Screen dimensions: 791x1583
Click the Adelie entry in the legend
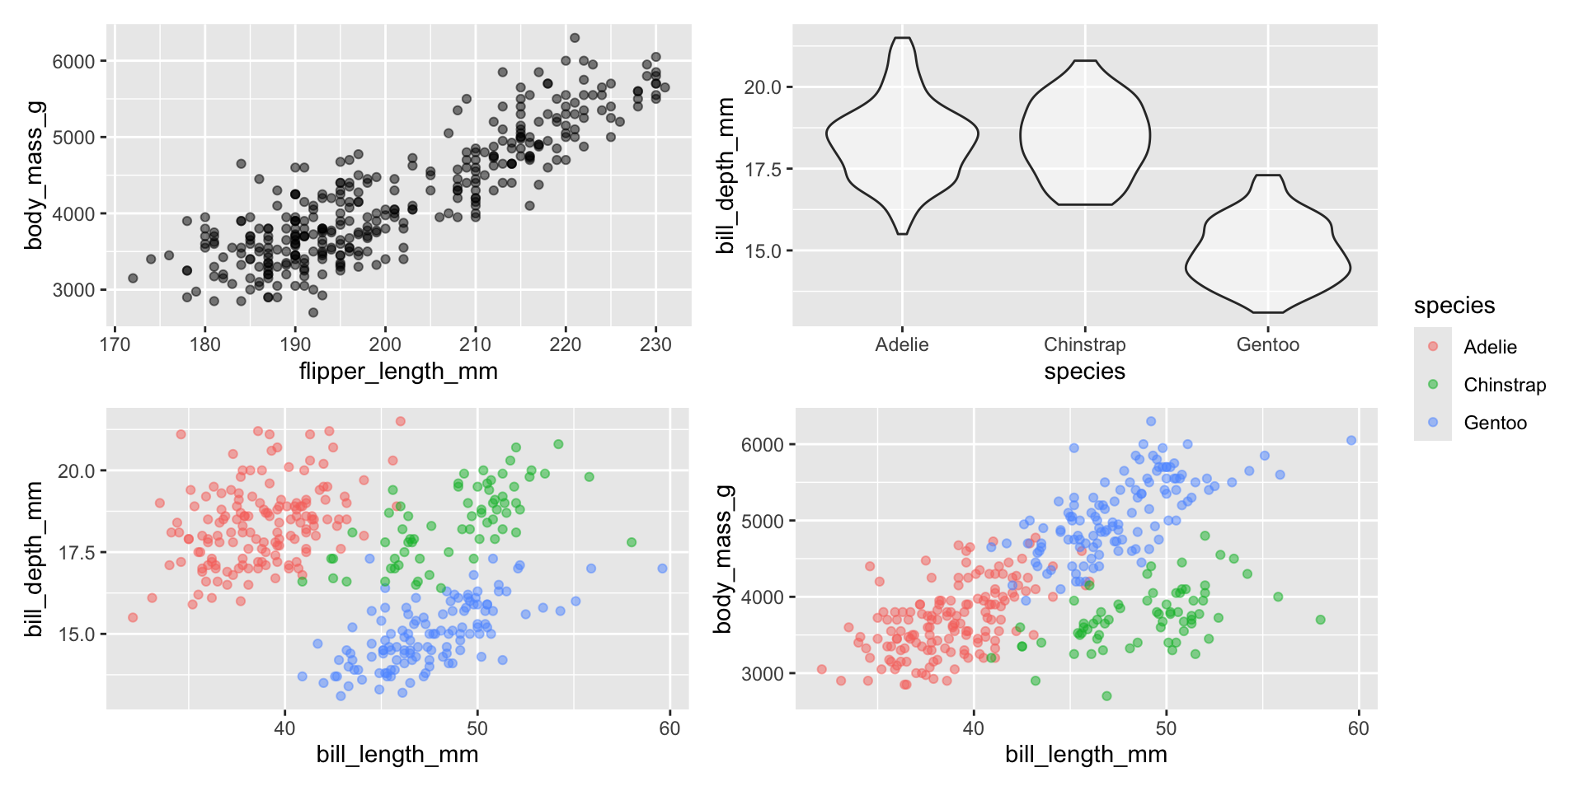click(1489, 347)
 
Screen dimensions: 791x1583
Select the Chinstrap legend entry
click(1504, 385)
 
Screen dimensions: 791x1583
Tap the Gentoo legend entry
click(1494, 423)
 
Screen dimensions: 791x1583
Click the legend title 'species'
click(1454, 306)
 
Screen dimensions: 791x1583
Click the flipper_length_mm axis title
click(398, 372)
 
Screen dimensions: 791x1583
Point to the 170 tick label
click(115, 344)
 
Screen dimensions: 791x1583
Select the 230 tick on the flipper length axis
click(655, 344)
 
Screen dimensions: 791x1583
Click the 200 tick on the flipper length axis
click(385, 344)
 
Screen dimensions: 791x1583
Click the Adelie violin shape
click(903, 136)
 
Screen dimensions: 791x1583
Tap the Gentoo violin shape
click(1268, 255)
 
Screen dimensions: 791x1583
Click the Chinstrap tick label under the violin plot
click(1085, 344)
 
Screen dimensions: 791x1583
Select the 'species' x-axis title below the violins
click(1084, 372)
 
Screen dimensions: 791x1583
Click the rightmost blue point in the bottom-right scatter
click(1351, 441)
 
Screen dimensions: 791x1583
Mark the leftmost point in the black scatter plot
click(133, 278)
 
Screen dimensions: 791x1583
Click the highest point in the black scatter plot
click(575, 38)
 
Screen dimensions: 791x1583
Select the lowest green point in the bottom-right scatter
click(1106, 696)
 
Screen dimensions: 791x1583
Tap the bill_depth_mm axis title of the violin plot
click(726, 176)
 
